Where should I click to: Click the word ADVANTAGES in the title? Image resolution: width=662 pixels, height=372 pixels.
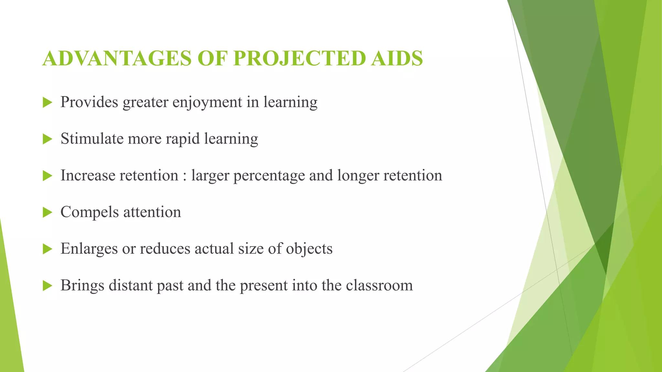[117, 58]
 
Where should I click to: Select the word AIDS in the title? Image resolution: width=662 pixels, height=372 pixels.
[397, 58]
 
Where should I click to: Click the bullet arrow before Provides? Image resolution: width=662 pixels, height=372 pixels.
[47, 103]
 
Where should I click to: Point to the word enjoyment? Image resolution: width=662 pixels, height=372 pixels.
[207, 103]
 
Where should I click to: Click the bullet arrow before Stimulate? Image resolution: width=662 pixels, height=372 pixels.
[47, 139]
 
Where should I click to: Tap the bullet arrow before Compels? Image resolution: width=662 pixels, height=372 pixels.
[47, 213]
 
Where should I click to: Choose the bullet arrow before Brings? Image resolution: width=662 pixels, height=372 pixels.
[47, 286]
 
